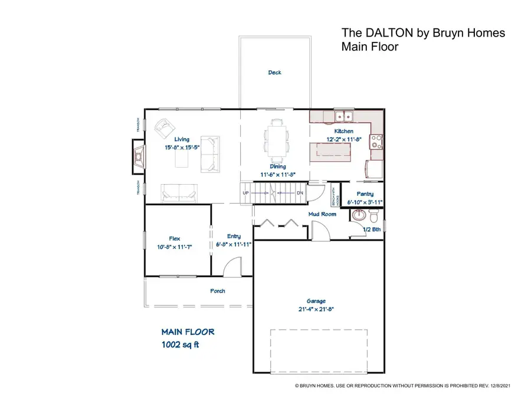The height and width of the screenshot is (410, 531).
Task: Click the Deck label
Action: pyautogui.click(x=274, y=73)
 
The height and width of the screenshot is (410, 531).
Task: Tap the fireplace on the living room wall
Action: pyautogui.click(x=138, y=157)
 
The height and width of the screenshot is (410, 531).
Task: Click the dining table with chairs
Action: pyautogui.click(x=277, y=140)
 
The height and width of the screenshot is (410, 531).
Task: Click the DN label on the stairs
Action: pyautogui.click(x=300, y=193)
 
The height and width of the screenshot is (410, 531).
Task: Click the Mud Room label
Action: pyautogui.click(x=322, y=214)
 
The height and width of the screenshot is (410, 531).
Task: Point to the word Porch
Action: pyautogui.click(x=218, y=291)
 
